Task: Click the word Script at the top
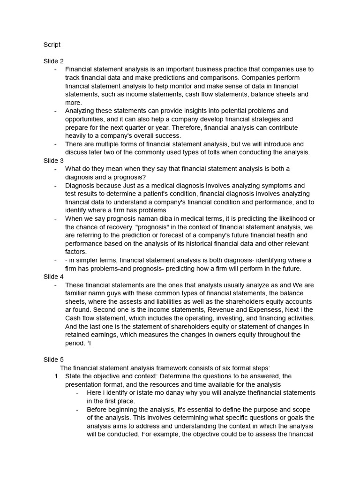[x=52, y=45]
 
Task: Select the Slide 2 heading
[x=53, y=61]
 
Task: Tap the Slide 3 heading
[x=53, y=161]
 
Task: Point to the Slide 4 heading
[x=53, y=277]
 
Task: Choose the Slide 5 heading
[x=53, y=360]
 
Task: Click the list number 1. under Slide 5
[x=58, y=376]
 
